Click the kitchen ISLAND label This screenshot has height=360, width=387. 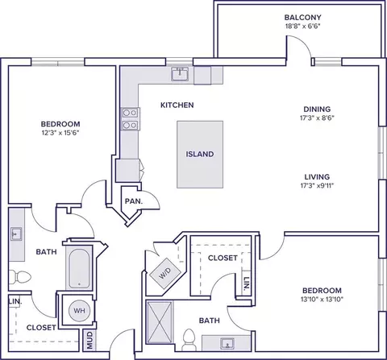point(200,154)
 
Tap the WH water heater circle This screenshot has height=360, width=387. point(79,311)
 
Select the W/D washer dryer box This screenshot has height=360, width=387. point(165,273)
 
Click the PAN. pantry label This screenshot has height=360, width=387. point(134,201)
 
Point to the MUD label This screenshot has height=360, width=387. point(89,340)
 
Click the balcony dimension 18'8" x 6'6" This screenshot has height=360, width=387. point(303,27)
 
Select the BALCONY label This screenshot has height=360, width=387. point(303,18)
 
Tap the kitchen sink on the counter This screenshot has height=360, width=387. point(181,74)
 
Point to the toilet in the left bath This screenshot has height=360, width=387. point(19,277)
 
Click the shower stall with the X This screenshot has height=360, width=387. point(159,323)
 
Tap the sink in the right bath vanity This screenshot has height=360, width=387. point(227,343)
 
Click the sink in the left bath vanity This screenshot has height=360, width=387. point(16,234)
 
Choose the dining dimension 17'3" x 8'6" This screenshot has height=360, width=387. point(317,118)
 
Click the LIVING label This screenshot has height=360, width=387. point(317,177)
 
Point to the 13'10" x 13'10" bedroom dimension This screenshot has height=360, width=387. point(322,299)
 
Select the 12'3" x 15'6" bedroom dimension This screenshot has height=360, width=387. point(60,133)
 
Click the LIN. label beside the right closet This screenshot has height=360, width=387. point(246,284)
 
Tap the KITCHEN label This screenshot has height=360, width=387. point(177,105)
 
